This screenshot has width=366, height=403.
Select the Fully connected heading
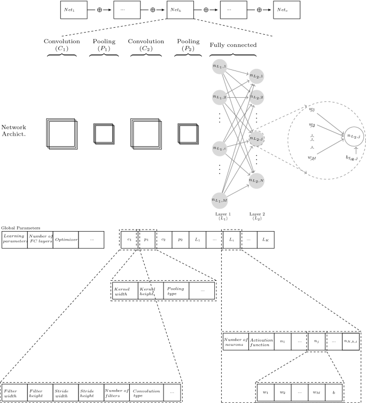[233, 45]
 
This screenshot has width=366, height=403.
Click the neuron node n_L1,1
[220, 66]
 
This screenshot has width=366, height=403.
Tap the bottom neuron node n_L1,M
[220, 200]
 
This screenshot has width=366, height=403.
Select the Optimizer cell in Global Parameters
[66, 240]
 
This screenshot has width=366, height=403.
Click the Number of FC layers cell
[40, 240]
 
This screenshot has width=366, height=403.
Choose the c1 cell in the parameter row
[129, 240]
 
